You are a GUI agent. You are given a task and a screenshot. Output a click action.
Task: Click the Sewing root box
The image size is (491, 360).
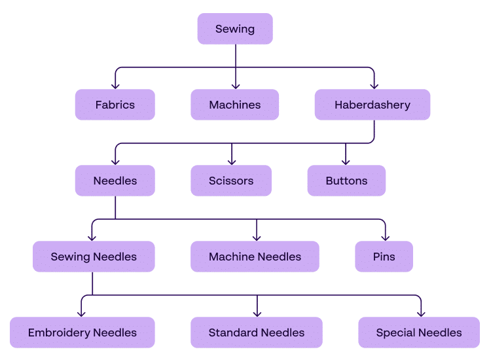click(235, 29)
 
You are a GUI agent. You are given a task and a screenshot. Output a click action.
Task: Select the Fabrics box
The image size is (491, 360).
click(115, 105)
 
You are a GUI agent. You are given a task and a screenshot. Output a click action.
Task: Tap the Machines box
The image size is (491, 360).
click(235, 105)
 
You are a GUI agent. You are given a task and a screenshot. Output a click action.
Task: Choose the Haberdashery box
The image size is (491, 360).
click(373, 105)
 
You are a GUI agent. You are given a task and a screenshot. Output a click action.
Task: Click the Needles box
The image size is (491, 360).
click(115, 181)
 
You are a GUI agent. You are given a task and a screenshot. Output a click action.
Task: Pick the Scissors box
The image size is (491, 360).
click(231, 181)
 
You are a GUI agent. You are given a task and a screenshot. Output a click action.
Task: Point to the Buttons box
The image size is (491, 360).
click(346, 181)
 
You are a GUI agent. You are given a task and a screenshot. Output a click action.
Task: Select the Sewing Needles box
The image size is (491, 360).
click(94, 257)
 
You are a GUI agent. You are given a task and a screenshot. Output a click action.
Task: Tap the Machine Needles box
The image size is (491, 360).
click(255, 257)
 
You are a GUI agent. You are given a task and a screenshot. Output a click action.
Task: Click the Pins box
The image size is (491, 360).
click(384, 257)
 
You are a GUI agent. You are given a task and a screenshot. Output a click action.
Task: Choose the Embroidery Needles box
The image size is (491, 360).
click(82, 333)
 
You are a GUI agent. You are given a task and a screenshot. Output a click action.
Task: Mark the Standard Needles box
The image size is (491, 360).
click(257, 333)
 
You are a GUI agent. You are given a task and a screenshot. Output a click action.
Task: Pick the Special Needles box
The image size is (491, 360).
click(419, 333)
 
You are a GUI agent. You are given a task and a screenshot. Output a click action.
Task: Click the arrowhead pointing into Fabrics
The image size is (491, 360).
click(115, 86)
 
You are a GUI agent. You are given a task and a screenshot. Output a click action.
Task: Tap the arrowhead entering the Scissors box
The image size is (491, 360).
click(231, 162)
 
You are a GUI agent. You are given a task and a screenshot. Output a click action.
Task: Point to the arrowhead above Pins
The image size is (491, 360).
click(384, 238)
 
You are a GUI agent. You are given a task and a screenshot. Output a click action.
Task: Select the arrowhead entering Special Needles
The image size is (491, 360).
click(420, 314)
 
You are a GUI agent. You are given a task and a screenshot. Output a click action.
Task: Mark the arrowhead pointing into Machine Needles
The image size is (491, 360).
click(257, 238)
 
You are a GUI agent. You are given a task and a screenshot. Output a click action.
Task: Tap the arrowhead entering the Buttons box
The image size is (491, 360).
click(346, 162)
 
